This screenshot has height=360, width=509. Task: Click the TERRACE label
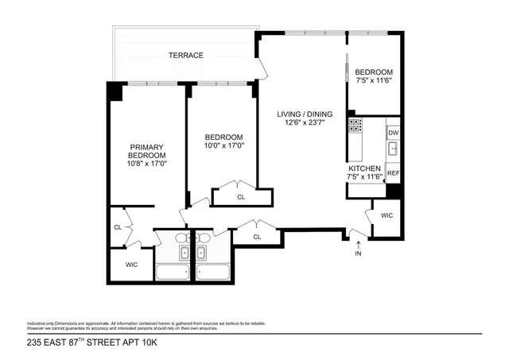(x=185, y=55)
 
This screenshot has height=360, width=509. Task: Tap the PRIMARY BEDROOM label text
(x=146, y=150)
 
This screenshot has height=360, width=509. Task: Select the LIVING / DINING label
(x=299, y=114)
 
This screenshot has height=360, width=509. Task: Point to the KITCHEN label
(x=365, y=168)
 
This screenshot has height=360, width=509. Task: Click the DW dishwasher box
(x=393, y=132)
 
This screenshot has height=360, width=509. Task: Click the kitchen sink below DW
(x=392, y=149)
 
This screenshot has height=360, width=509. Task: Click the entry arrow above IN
(x=358, y=242)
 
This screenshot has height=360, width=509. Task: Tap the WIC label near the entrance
(x=387, y=215)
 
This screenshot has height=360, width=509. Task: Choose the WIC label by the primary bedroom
(x=131, y=264)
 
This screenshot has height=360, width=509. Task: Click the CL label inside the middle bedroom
(x=241, y=196)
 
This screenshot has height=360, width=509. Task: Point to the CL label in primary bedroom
(x=117, y=228)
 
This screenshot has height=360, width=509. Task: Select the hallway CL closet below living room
(x=257, y=236)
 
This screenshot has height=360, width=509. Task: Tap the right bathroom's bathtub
(x=212, y=273)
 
